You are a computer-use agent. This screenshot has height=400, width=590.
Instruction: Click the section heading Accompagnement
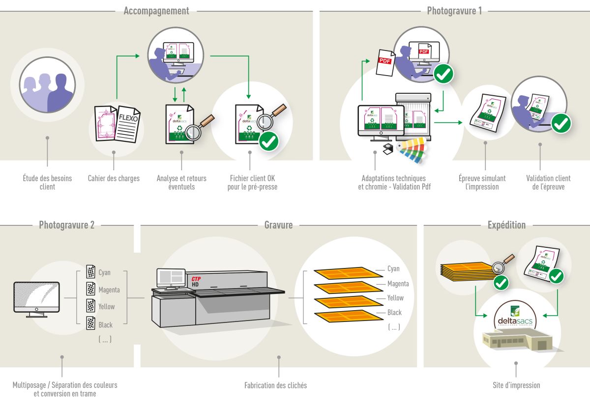click(156, 11)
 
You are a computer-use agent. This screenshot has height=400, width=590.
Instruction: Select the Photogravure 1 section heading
click(454, 11)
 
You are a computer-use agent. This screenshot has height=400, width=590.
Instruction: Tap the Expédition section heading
click(506, 225)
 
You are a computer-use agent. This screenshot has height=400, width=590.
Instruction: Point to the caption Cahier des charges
click(114, 179)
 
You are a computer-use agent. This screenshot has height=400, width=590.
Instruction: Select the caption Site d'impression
click(516, 385)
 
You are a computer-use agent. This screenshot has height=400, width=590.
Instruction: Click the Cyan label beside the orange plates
click(393, 269)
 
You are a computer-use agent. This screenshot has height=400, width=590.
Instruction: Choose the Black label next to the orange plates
click(394, 313)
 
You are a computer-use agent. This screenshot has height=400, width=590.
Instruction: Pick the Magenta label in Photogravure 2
click(109, 290)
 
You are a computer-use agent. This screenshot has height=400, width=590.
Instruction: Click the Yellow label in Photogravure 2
click(106, 307)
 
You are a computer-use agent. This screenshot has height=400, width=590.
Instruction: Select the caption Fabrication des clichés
click(275, 385)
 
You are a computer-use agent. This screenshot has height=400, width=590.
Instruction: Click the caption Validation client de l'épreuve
click(548, 183)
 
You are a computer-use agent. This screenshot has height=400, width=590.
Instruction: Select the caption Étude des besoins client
click(47, 183)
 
